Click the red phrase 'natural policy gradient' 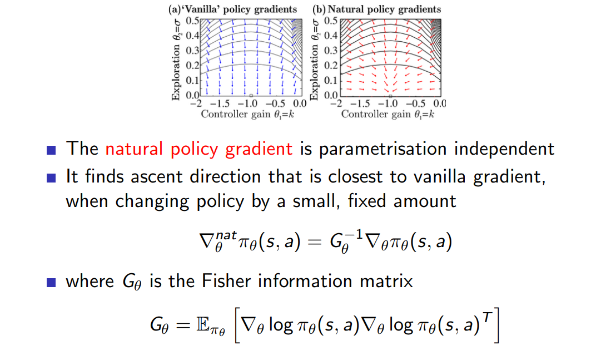[x=198, y=149]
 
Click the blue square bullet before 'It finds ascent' [x=52, y=178]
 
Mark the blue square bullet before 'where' [x=52, y=282]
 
